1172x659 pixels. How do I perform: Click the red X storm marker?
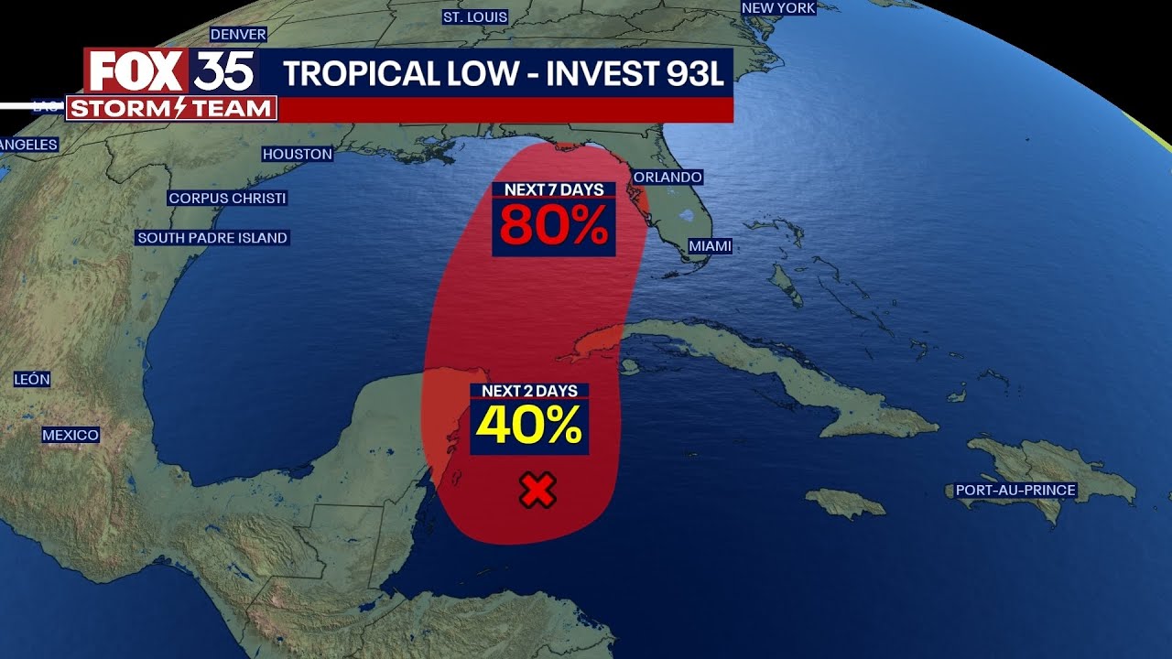pos(537,492)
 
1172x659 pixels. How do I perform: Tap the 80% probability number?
pos(554,227)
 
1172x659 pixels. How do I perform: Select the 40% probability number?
pos(529,425)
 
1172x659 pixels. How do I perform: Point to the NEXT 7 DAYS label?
pos(554,189)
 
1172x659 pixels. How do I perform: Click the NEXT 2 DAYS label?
pos(529,391)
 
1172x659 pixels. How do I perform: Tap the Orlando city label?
pos(667,177)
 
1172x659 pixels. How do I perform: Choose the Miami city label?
pos(710,246)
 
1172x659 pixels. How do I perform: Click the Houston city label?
pos(298,154)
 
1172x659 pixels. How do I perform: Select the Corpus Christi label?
pos(227,198)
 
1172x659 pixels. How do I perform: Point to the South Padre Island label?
pos(212,238)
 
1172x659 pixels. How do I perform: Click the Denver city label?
pos(238,35)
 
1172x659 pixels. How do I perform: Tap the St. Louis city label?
pos(475,16)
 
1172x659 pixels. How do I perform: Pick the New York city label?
pos(778,7)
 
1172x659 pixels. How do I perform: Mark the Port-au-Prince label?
pos(1015,491)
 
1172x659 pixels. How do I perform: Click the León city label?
pos(32,379)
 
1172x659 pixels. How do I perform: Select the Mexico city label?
pos(71,435)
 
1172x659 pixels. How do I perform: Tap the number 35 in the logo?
pos(223,71)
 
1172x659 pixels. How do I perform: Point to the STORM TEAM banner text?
pos(171,109)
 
